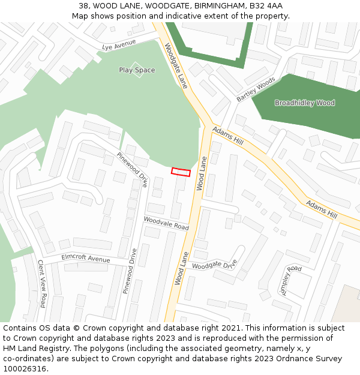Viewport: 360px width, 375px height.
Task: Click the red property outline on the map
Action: pyautogui.click(x=181, y=172)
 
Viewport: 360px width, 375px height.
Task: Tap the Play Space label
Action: pyautogui.click(x=137, y=70)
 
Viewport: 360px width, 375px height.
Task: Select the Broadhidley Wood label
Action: pyautogui.click(x=305, y=103)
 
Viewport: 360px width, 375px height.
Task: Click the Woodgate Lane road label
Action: pyautogui.click(x=176, y=66)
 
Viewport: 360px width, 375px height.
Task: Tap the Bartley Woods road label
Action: pyautogui.click(x=256, y=89)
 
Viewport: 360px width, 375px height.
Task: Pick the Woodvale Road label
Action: pyautogui.click(x=166, y=223)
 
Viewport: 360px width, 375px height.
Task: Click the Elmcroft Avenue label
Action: pyautogui.click(x=86, y=259)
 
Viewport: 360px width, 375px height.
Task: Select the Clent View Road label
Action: pyautogui.click(x=41, y=284)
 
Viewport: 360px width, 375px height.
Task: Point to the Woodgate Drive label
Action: pyautogui.click(x=215, y=263)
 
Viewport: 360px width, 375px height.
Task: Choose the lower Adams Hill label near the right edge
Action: pyautogui.click(x=322, y=209)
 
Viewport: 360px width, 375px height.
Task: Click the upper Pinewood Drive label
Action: pyautogui.click(x=132, y=169)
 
